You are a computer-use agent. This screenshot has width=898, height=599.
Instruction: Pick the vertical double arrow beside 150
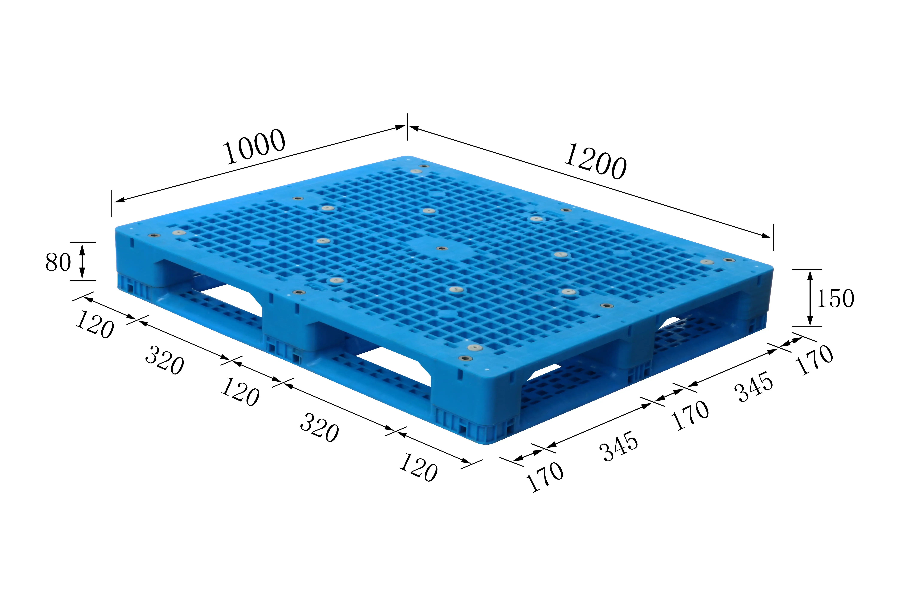[810, 298]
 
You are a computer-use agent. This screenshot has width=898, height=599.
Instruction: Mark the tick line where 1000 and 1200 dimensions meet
[407, 126]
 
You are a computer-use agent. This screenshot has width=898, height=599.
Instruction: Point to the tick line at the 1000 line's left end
[112, 203]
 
